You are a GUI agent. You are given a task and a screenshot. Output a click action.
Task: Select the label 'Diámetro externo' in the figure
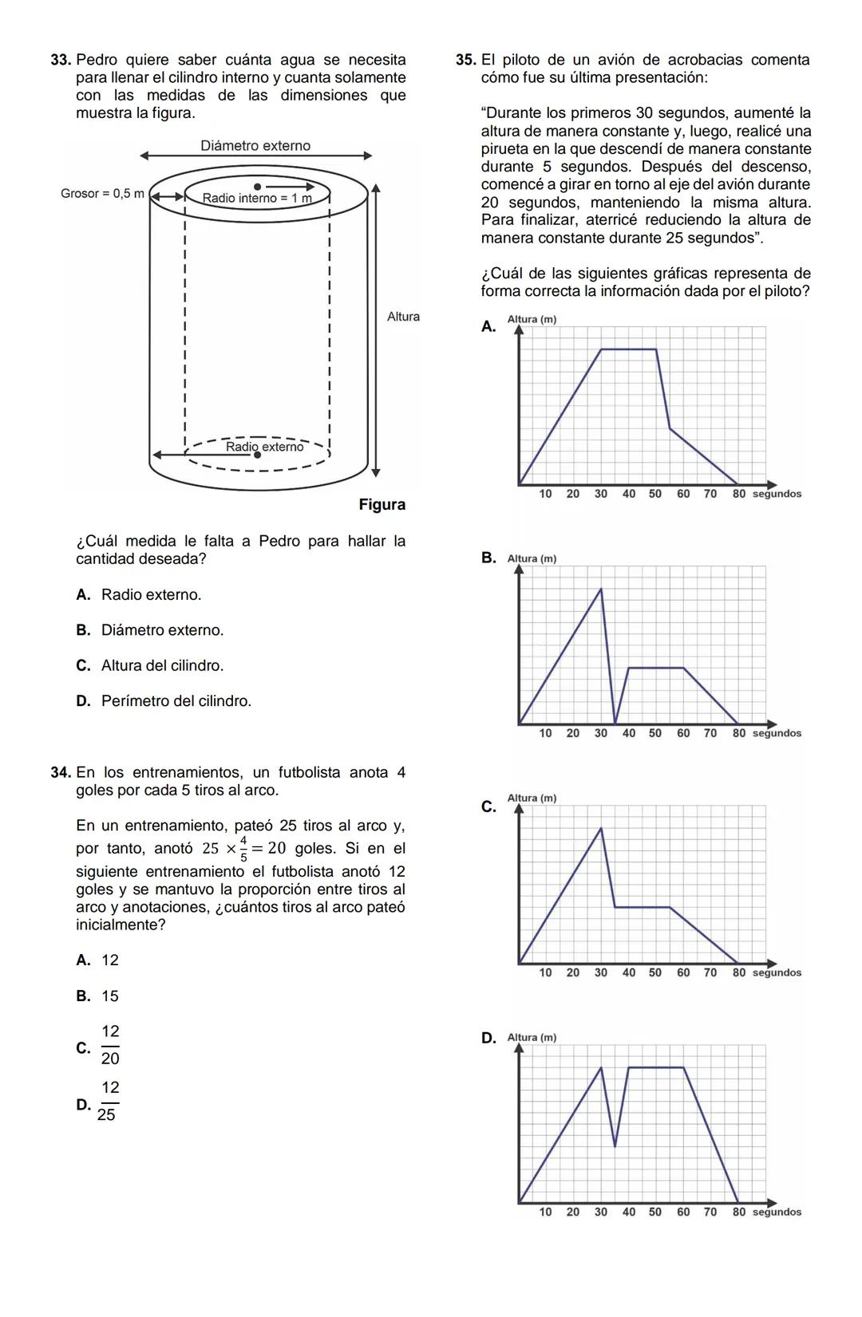(255, 145)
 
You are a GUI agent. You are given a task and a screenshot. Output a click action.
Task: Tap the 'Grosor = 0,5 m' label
(102, 194)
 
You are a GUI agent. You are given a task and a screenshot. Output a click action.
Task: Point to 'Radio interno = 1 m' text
(255, 198)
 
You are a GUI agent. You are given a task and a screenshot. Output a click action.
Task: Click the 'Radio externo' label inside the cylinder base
(264, 447)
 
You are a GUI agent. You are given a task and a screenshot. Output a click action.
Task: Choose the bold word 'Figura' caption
(382, 504)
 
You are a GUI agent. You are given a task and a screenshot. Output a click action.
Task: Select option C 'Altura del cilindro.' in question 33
(162, 665)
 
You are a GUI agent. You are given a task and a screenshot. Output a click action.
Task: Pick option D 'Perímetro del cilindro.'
(176, 701)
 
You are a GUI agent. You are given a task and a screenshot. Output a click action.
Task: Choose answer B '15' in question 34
(109, 996)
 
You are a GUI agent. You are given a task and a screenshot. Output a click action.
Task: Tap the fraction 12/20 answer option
(110, 1045)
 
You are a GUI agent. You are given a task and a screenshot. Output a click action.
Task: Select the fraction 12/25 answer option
(108, 1102)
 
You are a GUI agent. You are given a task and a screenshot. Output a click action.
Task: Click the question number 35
(466, 60)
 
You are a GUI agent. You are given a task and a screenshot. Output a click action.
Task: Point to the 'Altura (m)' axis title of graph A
(532, 320)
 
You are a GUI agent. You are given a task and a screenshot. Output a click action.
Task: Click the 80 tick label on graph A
(739, 494)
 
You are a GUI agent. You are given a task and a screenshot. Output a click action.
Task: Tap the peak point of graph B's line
(601, 589)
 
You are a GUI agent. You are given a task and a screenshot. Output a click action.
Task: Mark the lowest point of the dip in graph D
(615, 1146)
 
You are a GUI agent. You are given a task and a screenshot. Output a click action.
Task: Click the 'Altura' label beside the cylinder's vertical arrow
(403, 317)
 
